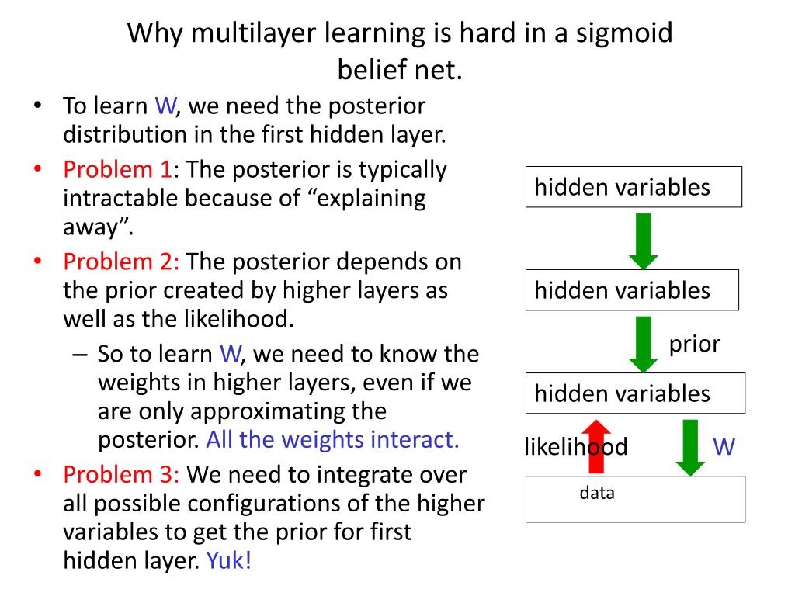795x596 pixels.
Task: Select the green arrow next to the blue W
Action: pyautogui.click(x=689, y=447)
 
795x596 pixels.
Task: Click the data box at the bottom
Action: pyautogui.click(x=635, y=498)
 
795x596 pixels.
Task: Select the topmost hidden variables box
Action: pyautogui.click(x=634, y=187)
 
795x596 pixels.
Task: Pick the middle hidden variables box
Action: pyautogui.click(x=632, y=290)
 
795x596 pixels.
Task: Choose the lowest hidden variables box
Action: pyautogui.click(x=635, y=393)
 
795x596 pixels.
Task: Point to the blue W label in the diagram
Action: pyautogui.click(x=724, y=447)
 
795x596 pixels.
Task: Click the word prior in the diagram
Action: pyautogui.click(x=695, y=344)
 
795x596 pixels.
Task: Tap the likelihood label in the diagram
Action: pyautogui.click(x=575, y=447)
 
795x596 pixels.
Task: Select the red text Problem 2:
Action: pyautogui.click(x=121, y=262)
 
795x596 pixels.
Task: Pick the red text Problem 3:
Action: pyautogui.click(x=121, y=474)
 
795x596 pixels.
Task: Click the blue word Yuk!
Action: pyautogui.click(x=229, y=561)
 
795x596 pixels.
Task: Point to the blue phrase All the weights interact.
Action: pyautogui.click(x=333, y=440)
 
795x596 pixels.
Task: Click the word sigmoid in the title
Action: pyautogui.click(x=622, y=33)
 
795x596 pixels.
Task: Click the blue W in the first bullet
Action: pyautogui.click(x=165, y=106)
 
